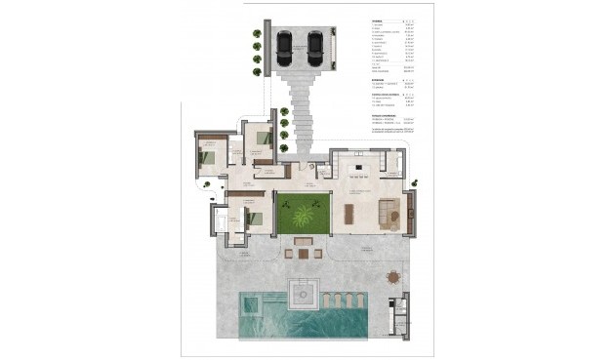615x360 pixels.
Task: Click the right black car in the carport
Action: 315,44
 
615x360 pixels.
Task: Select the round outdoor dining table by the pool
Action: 393,278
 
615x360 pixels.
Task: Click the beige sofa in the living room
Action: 388,210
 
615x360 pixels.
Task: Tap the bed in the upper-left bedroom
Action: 209,155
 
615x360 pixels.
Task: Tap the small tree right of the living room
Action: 416,181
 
